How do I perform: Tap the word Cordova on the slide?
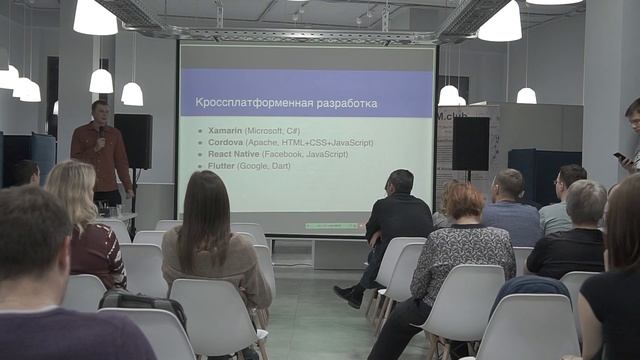point(228,143)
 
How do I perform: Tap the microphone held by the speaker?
point(100,131)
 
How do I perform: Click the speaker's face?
point(99,112)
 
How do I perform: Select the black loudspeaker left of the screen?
point(133,140)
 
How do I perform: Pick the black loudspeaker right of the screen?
point(470,143)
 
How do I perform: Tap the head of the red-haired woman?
point(464,202)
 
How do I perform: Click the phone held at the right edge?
point(620,156)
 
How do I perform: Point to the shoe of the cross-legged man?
point(347,295)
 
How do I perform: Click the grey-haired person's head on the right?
point(586,201)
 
